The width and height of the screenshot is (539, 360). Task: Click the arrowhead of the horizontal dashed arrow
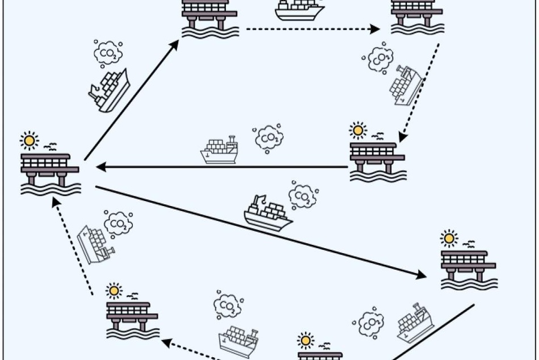(x=374, y=29)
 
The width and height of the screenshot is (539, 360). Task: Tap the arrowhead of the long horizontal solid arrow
(x=101, y=168)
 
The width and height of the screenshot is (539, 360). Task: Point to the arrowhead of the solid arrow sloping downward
(x=421, y=275)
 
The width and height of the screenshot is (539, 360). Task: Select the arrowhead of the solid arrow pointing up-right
(x=174, y=45)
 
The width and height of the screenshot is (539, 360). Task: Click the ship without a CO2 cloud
(x=300, y=10)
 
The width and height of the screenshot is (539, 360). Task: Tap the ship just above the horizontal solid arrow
(x=220, y=150)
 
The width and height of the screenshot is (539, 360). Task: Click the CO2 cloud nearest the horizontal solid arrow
(x=269, y=138)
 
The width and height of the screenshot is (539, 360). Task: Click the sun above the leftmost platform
(x=29, y=141)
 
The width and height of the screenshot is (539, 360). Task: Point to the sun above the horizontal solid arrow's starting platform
(x=358, y=131)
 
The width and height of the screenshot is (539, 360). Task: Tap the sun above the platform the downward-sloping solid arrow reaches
(x=449, y=238)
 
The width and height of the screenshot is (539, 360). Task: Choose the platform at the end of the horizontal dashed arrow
(x=418, y=17)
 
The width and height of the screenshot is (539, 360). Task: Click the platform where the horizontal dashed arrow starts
(x=210, y=19)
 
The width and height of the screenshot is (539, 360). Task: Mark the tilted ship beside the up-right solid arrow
(x=109, y=91)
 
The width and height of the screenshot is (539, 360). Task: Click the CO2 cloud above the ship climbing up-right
(x=108, y=53)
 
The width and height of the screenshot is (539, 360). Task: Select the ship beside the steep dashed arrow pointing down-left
(x=406, y=85)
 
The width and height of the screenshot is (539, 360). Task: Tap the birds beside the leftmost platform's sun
(x=50, y=147)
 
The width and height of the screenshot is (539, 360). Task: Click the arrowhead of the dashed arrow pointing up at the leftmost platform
(x=56, y=202)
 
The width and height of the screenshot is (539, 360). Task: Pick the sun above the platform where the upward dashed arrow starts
(x=114, y=291)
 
